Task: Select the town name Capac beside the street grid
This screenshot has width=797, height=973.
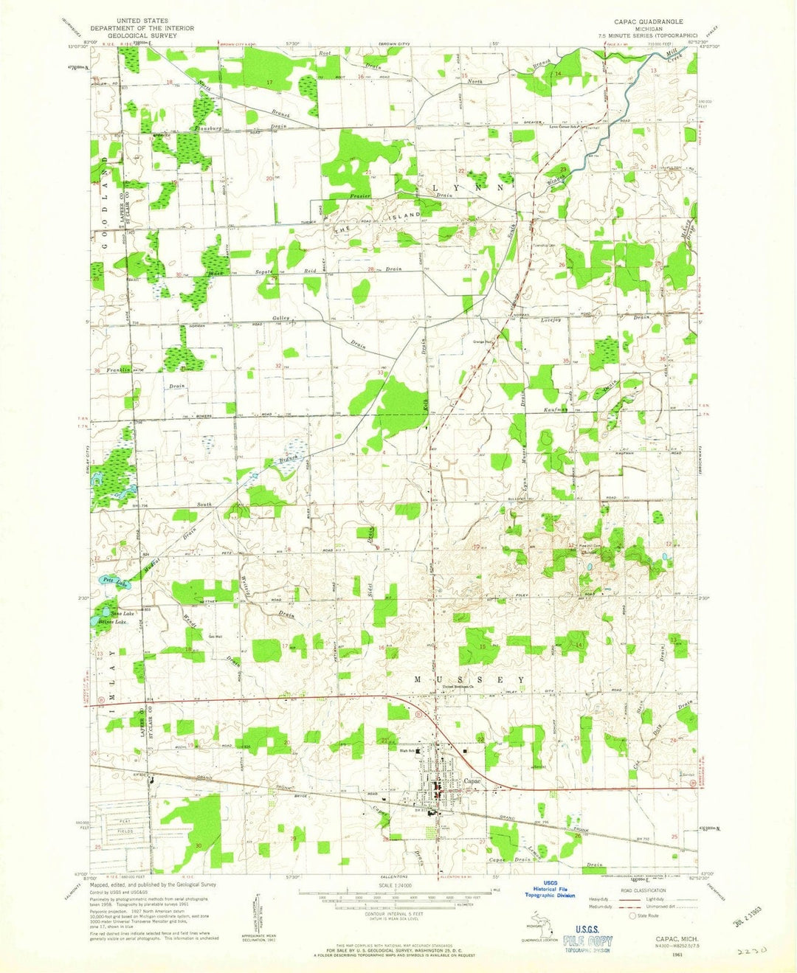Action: [x=472, y=781]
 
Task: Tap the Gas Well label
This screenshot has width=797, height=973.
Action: [x=215, y=637]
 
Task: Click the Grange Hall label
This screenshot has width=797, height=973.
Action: [x=483, y=342]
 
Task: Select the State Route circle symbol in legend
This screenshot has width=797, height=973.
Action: [x=632, y=916]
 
